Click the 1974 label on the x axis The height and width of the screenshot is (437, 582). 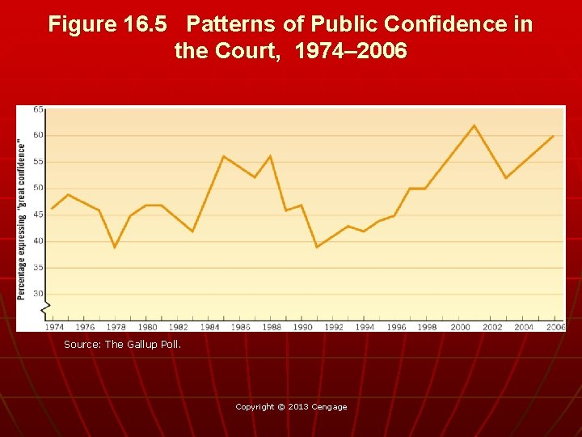point(54,327)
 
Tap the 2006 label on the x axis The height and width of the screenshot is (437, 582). point(555,327)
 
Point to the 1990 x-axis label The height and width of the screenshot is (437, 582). point(302,327)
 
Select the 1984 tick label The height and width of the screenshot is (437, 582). point(209,327)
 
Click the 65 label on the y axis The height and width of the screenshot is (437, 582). point(39,109)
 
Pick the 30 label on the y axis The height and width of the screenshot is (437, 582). point(39,294)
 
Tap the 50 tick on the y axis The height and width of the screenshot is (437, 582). point(39,188)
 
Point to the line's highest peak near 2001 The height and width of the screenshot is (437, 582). point(474,125)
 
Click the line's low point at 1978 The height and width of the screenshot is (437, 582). point(115,247)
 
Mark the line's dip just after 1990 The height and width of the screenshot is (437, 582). point(317,247)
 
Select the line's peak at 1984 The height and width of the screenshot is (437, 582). point(223,156)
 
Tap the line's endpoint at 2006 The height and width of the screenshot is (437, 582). point(554,136)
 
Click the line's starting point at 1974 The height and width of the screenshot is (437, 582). point(52,209)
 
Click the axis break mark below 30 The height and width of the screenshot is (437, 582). point(47,307)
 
